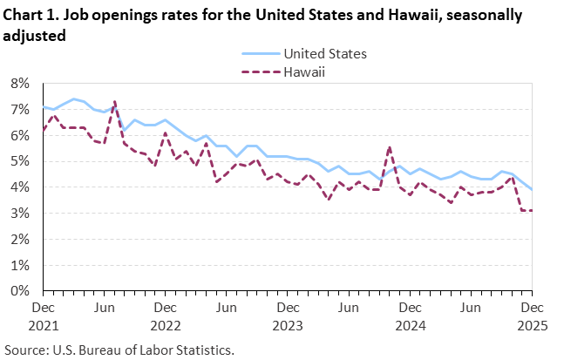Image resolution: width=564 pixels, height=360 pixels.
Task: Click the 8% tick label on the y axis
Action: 20,84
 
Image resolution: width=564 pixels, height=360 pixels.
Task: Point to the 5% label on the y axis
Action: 20,161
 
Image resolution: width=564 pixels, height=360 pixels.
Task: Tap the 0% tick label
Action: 20,291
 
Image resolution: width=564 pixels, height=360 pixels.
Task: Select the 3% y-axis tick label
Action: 20,214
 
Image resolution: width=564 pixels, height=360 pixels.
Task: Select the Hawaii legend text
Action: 304,71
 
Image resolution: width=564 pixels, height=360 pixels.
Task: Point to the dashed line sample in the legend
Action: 259,71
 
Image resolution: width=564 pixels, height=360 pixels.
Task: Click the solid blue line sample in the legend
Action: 259,53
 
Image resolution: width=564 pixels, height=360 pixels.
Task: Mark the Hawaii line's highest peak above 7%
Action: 114,101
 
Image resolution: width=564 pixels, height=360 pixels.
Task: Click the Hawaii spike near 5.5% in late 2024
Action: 389,146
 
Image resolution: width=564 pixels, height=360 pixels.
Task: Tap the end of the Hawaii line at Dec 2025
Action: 531,210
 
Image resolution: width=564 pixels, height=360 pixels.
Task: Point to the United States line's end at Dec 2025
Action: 531,189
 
